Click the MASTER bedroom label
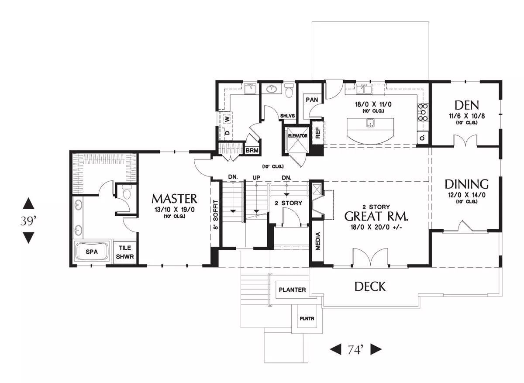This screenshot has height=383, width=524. (x=174, y=199)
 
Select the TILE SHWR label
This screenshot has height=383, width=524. (x=125, y=252)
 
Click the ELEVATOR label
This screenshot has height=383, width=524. (x=297, y=136)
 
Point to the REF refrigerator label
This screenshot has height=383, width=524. (x=318, y=133)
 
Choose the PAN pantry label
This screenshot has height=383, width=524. (x=312, y=100)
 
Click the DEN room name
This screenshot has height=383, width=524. (x=467, y=105)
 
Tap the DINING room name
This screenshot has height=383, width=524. (x=466, y=184)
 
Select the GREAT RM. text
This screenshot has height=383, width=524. (x=376, y=217)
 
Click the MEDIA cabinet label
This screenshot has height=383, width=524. (x=318, y=241)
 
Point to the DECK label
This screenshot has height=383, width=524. (x=370, y=286)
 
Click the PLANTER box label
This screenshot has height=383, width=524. (x=293, y=290)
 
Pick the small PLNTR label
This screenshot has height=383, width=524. (x=307, y=319)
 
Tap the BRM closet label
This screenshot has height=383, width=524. (x=252, y=151)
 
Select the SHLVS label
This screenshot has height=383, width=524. (x=288, y=116)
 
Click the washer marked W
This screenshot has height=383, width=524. (x=228, y=119)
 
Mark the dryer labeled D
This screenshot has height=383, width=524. (x=227, y=133)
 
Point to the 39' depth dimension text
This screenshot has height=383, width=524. (x=28, y=221)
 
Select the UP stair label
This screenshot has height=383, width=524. (x=256, y=178)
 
